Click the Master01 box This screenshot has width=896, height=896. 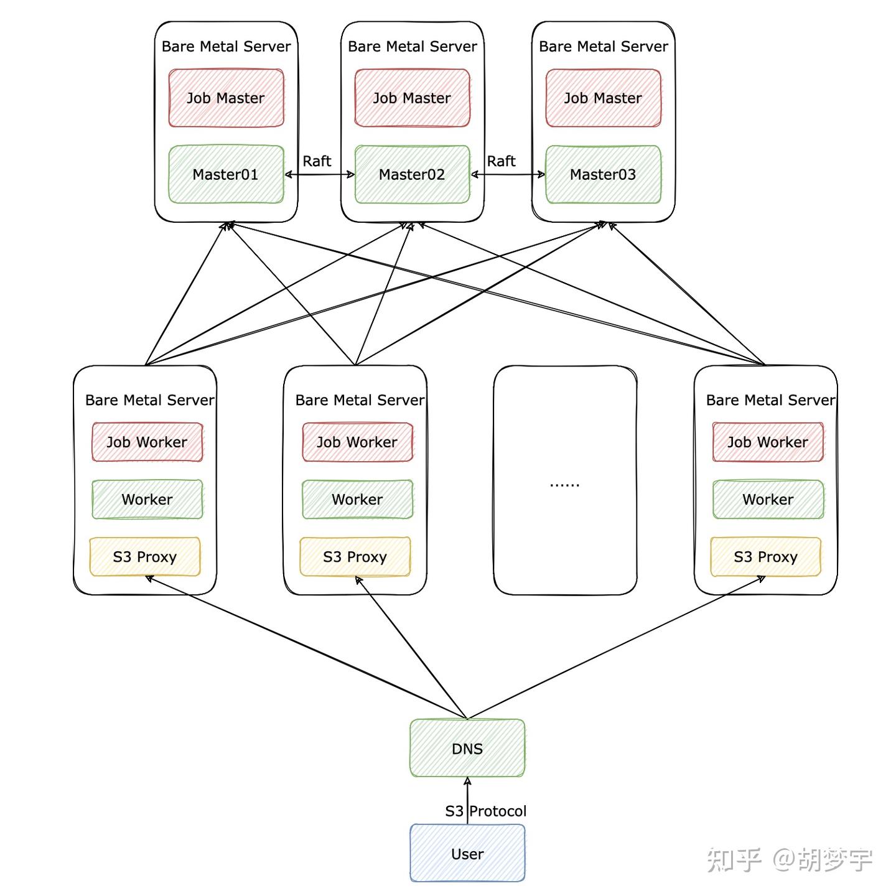click(226, 174)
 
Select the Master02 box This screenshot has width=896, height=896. click(412, 174)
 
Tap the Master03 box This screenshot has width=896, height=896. click(603, 174)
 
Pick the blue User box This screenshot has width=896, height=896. click(467, 854)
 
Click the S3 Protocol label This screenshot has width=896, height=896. click(485, 811)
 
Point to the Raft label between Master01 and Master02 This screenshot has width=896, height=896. click(317, 161)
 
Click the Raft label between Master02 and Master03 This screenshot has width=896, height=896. click(501, 161)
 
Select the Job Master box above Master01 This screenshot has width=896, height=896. click(226, 98)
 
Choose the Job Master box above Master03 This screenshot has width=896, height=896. click(603, 98)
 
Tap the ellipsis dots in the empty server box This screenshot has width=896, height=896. click(564, 485)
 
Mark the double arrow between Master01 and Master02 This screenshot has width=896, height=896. click(319, 175)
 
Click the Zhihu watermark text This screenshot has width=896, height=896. click(790, 860)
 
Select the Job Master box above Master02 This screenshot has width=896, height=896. click(412, 98)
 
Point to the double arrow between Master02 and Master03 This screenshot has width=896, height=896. click(508, 175)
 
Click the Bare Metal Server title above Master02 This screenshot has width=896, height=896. click(413, 47)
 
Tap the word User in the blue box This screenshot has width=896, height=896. click(467, 854)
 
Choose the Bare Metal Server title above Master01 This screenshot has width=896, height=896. click(226, 47)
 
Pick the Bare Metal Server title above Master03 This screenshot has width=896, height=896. click(604, 47)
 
